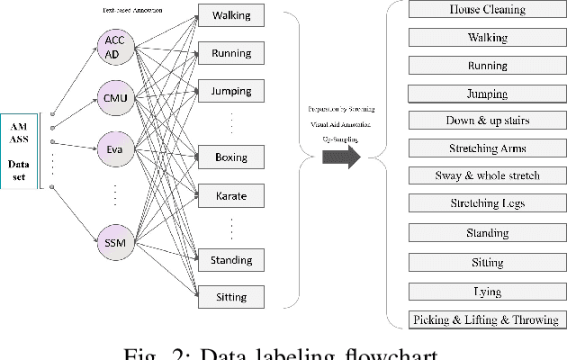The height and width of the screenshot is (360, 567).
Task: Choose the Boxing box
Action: pos(231,157)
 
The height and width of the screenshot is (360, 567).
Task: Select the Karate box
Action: pos(231,194)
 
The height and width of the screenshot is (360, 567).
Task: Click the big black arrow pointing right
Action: pos(341,157)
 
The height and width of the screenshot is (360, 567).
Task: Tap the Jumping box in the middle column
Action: pos(231,91)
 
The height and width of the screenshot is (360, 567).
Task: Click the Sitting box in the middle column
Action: pos(231,297)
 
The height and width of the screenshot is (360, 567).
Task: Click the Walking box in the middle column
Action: pos(231,16)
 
